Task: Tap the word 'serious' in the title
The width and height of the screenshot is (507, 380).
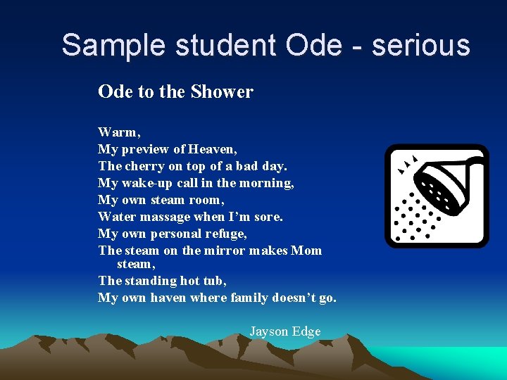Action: coord(421,45)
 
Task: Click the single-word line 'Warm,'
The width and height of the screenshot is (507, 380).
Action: coord(120,132)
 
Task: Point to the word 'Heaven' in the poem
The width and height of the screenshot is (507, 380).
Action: coord(213,148)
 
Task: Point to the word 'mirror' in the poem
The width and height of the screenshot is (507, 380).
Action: coord(229,251)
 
